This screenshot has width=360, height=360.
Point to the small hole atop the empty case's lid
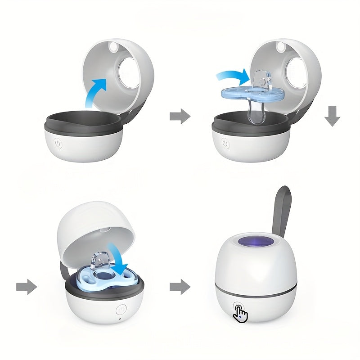112,47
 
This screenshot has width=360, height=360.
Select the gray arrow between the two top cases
180,117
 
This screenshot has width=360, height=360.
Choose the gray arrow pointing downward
333,116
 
